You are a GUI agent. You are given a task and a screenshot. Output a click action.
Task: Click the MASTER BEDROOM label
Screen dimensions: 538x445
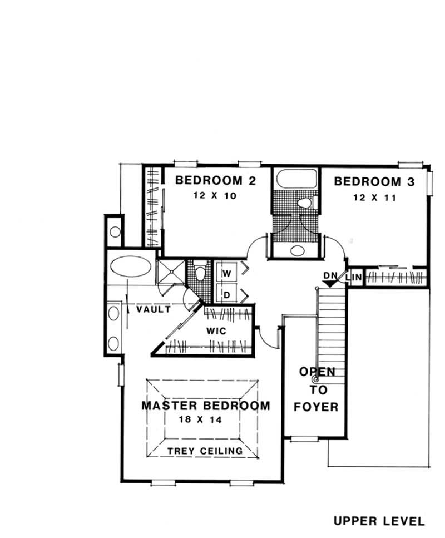(x=205, y=406)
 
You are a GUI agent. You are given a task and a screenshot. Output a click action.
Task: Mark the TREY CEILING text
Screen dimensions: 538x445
(x=205, y=451)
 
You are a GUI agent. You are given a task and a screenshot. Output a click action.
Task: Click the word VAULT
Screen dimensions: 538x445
(x=154, y=310)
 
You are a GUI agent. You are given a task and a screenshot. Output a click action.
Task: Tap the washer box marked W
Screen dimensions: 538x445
(x=227, y=273)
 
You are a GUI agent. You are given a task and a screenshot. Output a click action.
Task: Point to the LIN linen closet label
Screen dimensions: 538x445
(x=354, y=277)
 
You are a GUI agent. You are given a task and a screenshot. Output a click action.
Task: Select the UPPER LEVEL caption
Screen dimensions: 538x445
(x=379, y=521)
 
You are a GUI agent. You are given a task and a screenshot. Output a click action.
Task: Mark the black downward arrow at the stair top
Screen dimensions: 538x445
(x=332, y=284)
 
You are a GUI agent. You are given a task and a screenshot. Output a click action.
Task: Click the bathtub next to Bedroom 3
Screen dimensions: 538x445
(x=295, y=180)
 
